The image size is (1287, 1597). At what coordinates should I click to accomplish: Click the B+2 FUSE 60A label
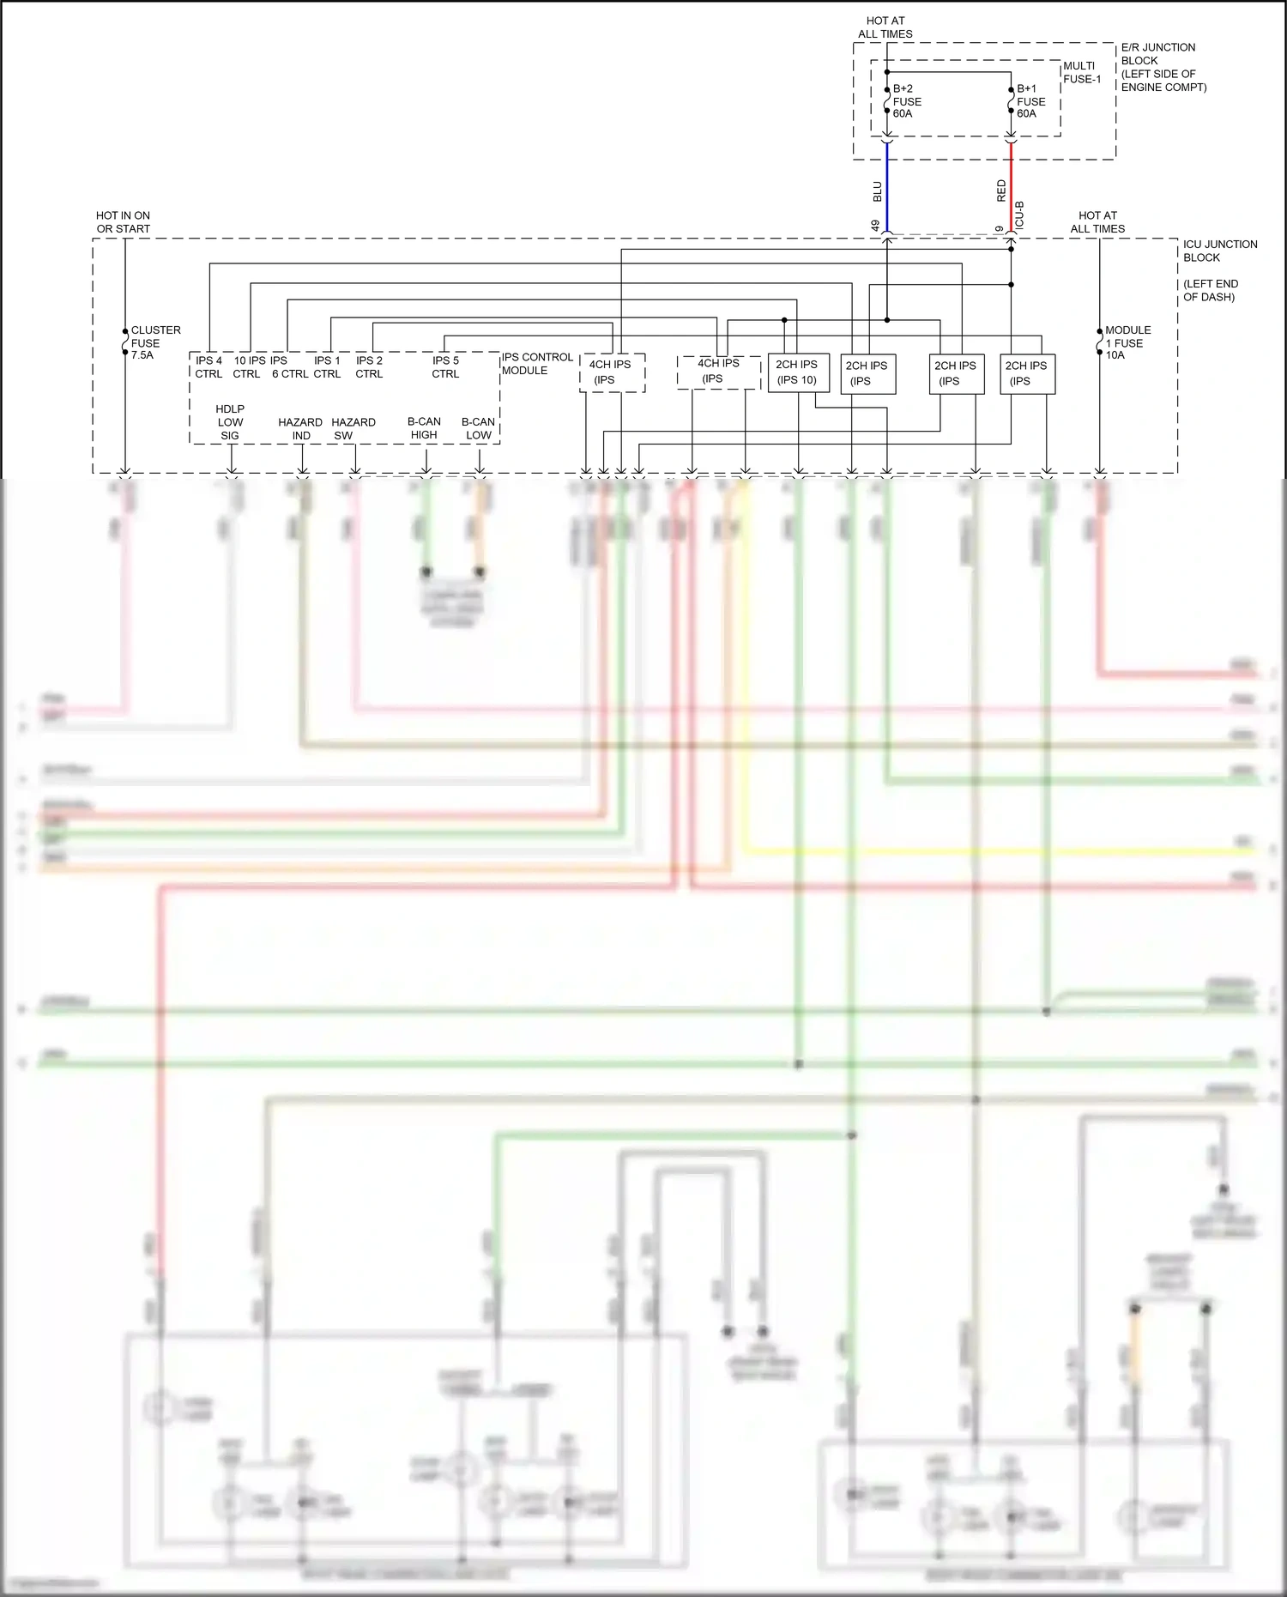tap(906, 101)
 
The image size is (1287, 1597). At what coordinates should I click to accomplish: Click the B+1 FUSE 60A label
tap(1030, 101)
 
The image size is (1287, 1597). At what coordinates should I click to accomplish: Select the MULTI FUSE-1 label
tap(1081, 72)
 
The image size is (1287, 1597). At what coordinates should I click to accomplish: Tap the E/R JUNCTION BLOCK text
tap(1163, 67)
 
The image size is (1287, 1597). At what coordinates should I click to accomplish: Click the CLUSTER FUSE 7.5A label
tap(154, 342)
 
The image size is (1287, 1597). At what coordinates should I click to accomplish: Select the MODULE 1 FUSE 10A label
tap(1127, 342)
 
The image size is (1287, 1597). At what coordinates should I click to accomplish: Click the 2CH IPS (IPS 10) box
tap(797, 372)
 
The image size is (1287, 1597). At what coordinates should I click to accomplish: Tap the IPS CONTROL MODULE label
tap(537, 364)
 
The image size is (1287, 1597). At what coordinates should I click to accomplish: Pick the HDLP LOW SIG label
tap(230, 422)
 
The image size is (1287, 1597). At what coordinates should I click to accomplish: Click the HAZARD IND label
tap(300, 428)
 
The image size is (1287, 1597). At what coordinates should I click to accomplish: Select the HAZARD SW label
tap(353, 428)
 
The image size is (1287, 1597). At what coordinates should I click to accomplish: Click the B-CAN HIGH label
tap(424, 427)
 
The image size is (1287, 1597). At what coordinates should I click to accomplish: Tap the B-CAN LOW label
tap(478, 427)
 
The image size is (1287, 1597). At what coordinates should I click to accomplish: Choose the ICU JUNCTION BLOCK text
tap(1219, 251)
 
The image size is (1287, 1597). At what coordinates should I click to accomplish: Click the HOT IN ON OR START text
tap(123, 222)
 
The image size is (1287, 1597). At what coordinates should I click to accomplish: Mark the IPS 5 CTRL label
tap(445, 367)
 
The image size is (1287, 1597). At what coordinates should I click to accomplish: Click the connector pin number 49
tap(876, 226)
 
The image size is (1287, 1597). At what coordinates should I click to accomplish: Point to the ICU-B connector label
tap(1020, 215)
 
